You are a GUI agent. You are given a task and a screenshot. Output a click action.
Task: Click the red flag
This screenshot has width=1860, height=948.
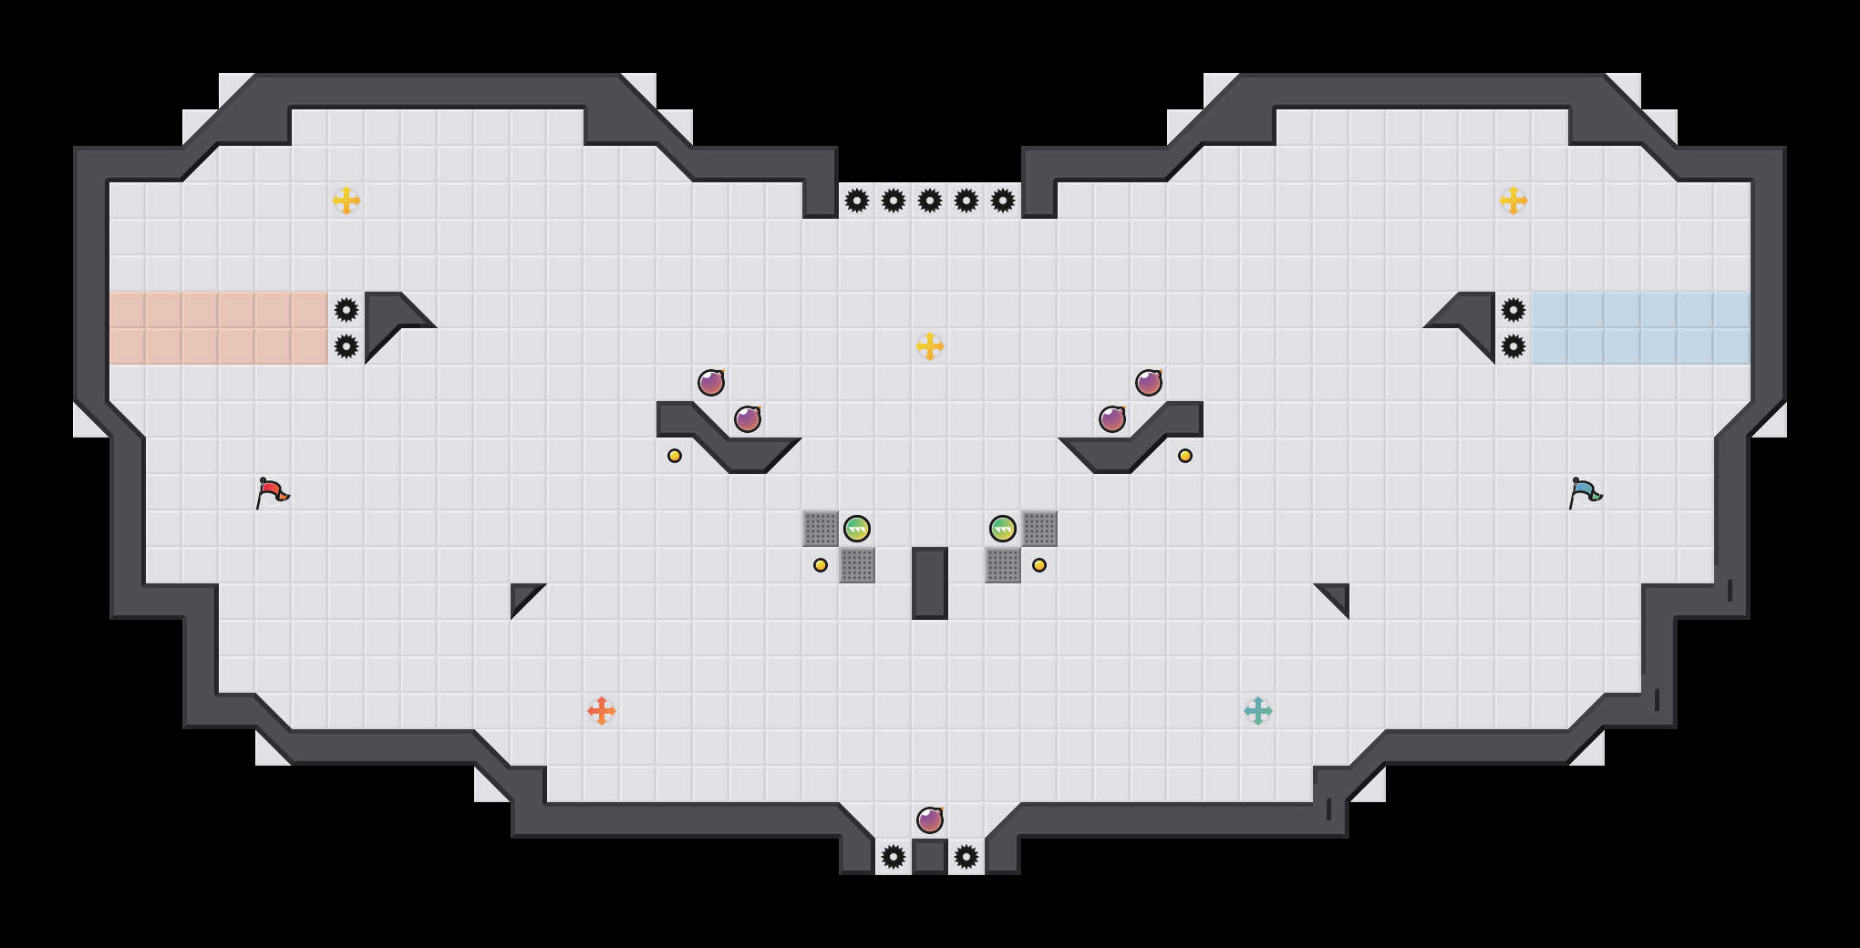coord(272,492)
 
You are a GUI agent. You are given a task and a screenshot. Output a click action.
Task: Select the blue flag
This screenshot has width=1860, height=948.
coord(1585,492)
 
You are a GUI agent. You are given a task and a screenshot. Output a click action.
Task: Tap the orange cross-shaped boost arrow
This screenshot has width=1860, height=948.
coord(602,711)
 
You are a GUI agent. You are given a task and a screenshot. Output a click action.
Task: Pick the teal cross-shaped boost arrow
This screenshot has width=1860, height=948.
coord(1258,711)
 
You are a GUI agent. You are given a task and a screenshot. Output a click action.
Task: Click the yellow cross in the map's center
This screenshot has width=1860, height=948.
coord(930,346)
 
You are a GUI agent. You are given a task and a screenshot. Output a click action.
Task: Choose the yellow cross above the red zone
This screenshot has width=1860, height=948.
coord(346,201)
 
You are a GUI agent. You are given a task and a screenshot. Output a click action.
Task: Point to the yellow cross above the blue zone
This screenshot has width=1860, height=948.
coord(1514,201)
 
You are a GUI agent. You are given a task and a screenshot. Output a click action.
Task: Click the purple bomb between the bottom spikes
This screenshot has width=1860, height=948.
coord(930,820)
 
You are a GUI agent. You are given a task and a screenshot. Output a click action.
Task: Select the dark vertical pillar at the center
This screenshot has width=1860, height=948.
coord(930,583)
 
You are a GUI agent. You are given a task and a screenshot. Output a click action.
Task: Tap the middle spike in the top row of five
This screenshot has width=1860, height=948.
coord(930,201)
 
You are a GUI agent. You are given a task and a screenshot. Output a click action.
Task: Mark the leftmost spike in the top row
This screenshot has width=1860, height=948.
coord(857,201)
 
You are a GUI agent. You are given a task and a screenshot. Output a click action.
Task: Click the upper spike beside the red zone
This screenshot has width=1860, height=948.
coord(346,310)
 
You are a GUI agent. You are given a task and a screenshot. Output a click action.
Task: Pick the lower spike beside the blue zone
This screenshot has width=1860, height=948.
coord(1514,346)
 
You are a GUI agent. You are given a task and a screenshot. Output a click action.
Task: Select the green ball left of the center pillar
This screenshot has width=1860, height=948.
coord(857,529)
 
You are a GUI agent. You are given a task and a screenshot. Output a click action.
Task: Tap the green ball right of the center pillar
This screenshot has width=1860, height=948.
coord(1003,529)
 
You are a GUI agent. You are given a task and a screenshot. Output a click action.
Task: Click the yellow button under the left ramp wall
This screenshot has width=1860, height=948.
coord(675,456)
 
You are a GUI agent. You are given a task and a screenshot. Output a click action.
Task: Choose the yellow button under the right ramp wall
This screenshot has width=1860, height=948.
coord(1185,456)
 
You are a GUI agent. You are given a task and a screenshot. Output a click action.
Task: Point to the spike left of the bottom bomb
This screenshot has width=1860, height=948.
coord(894,857)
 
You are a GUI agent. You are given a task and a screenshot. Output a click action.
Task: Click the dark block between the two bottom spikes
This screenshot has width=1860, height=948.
coord(930,857)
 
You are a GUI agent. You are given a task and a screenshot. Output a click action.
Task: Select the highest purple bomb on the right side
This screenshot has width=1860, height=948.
coord(1149,383)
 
